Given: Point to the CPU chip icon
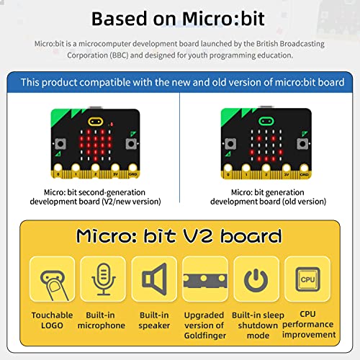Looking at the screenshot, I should [307, 281].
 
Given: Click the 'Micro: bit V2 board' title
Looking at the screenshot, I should [180, 235].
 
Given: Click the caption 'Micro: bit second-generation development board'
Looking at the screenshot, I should [96, 197].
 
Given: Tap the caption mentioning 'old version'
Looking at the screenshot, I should [269, 197].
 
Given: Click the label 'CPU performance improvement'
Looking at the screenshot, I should [308, 324].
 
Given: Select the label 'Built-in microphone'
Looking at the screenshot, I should [104, 320].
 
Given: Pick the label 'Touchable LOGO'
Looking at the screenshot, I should [53, 320].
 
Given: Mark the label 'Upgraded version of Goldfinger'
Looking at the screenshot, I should [205, 325].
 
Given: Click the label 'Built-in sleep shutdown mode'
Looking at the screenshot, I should [257, 325].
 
